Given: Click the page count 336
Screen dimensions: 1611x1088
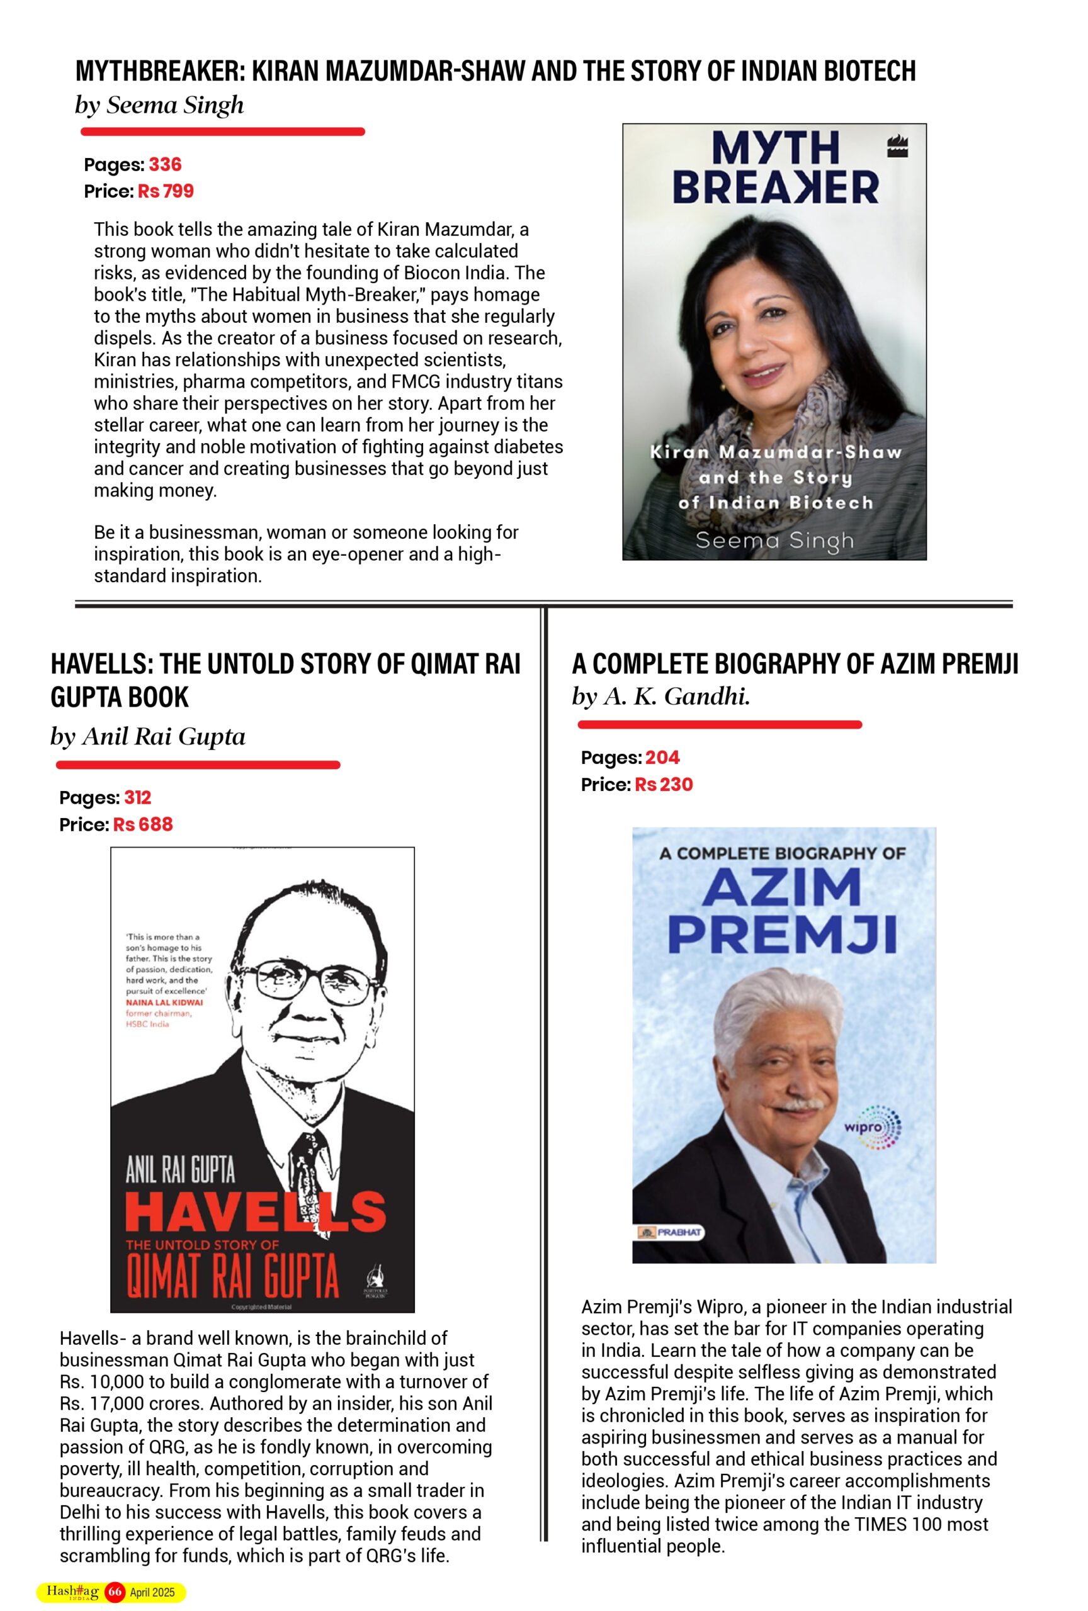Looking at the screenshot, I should (x=165, y=164).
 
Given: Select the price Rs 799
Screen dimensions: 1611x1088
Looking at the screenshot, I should (x=166, y=191).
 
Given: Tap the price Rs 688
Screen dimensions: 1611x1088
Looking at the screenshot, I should (x=143, y=824).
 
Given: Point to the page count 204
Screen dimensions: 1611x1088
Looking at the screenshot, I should (x=662, y=757).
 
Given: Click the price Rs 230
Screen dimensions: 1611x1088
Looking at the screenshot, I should (x=664, y=784).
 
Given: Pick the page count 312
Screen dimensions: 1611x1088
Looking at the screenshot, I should (x=137, y=797).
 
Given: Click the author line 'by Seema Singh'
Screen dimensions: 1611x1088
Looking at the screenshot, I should (x=159, y=105).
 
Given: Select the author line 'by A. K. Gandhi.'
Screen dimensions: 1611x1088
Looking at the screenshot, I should (x=661, y=696).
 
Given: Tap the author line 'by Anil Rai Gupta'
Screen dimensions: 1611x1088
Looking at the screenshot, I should (x=148, y=736).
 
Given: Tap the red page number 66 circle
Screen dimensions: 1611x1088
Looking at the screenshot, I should (x=115, y=1591).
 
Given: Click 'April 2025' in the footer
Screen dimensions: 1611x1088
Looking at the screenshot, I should (x=152, y=1592).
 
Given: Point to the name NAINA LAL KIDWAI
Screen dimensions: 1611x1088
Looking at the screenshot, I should (x=164, y=1002).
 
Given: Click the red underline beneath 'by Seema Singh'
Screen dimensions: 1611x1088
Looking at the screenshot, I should (x=220, y=132).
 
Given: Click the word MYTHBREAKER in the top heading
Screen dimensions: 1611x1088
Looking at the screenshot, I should (x=159, y=70).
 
